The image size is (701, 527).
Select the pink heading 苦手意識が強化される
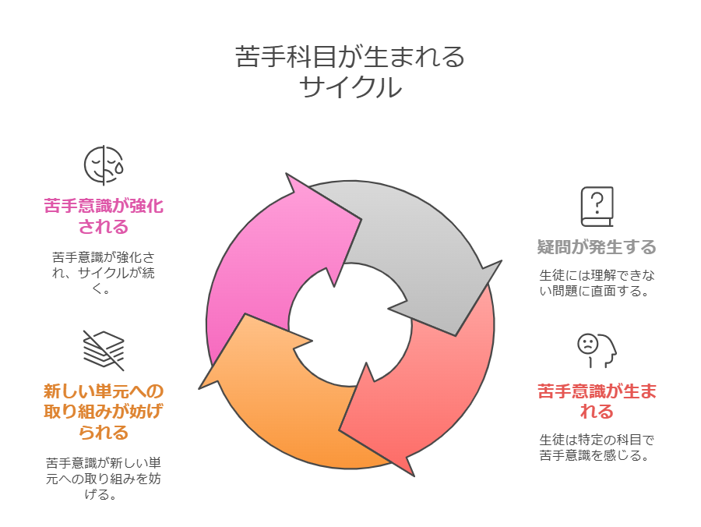tap(104, 216)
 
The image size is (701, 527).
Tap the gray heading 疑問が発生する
tap(597, 248)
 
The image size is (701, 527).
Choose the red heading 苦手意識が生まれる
tap(597, 401)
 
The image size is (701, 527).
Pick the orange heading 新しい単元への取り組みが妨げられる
tap(104, 411)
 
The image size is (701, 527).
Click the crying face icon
tap(104, 164)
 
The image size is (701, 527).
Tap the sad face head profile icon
tap(597, 350)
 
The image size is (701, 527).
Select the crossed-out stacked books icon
tap(104, 350)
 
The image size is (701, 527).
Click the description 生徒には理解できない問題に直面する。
tap(597, 283)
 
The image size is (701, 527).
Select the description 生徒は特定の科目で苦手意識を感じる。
tap(597, 447)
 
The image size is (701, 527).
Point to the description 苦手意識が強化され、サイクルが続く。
tap(104, 272)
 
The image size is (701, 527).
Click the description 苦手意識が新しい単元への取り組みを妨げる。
tap(104, 478)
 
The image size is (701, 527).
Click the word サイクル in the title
tap(350, 87)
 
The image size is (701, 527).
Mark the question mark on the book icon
tap(597, 200)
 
